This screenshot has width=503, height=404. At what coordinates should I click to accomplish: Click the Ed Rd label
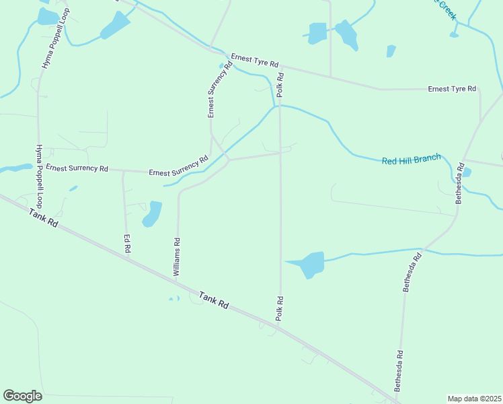coord(126,243)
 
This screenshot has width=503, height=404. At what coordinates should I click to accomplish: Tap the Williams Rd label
coord(177,257)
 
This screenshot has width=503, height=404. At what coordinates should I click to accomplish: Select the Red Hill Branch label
coord(411,160)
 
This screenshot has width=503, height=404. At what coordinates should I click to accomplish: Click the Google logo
coord(22,396)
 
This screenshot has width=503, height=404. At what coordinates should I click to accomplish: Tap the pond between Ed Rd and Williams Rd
coord(153,214)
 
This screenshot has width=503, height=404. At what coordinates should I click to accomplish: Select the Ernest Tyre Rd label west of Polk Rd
coord(254,60)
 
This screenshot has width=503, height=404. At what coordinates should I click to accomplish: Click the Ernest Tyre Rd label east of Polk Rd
coord(452,89)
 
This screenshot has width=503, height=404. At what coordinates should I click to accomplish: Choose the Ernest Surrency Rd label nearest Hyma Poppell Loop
coord(77,168)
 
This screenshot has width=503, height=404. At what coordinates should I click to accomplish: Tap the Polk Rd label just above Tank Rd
coord(279,308)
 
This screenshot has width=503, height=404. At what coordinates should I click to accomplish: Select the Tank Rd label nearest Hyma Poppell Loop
coord(44,218)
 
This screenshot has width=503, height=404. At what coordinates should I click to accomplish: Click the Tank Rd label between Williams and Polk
coord(214,300)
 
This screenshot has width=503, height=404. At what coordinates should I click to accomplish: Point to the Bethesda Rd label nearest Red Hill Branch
coord(460,183)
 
